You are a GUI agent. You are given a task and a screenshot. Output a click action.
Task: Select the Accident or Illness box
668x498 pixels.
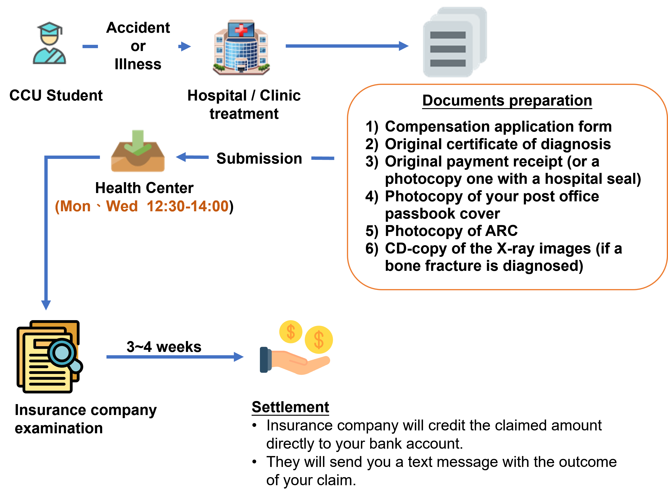click(x=138, y=46)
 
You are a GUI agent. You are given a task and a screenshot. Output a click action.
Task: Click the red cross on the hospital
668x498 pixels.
click(x=241, y=30)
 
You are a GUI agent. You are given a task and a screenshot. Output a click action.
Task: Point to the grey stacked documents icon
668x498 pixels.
click(x=455, y=42)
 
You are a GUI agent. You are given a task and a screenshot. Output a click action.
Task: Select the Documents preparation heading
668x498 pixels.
click(x=507, y=100)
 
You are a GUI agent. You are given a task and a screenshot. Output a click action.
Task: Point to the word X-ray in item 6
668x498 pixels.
click(x=516, y=249)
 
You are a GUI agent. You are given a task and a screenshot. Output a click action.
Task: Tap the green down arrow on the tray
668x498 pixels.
click(x=138, y=142)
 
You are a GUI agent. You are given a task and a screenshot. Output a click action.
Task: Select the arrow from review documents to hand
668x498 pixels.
click(x=175, y=357)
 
